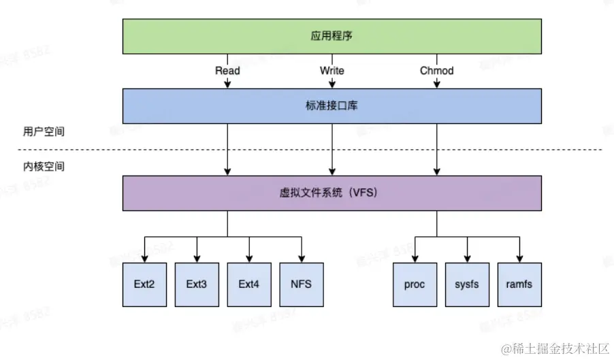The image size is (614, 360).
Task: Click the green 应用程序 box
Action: coord(332,36)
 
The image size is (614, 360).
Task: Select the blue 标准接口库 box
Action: coord(332,105)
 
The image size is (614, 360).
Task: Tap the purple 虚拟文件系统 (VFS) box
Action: coord(332,193)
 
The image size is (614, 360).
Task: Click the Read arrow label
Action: coord(227,71)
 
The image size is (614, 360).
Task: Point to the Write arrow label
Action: coord(332,71)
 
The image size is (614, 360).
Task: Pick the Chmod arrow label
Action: coord(436,71)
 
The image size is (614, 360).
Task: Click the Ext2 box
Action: coord(144,284)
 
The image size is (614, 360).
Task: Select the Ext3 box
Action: coord(196,284)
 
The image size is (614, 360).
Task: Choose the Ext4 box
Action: coord(248,284)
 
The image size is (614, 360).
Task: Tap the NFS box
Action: coord(301,284)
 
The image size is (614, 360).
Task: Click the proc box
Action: coord(415,284)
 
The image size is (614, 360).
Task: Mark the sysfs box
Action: coord(467,284)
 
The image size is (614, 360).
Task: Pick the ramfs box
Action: coord(519,284)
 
